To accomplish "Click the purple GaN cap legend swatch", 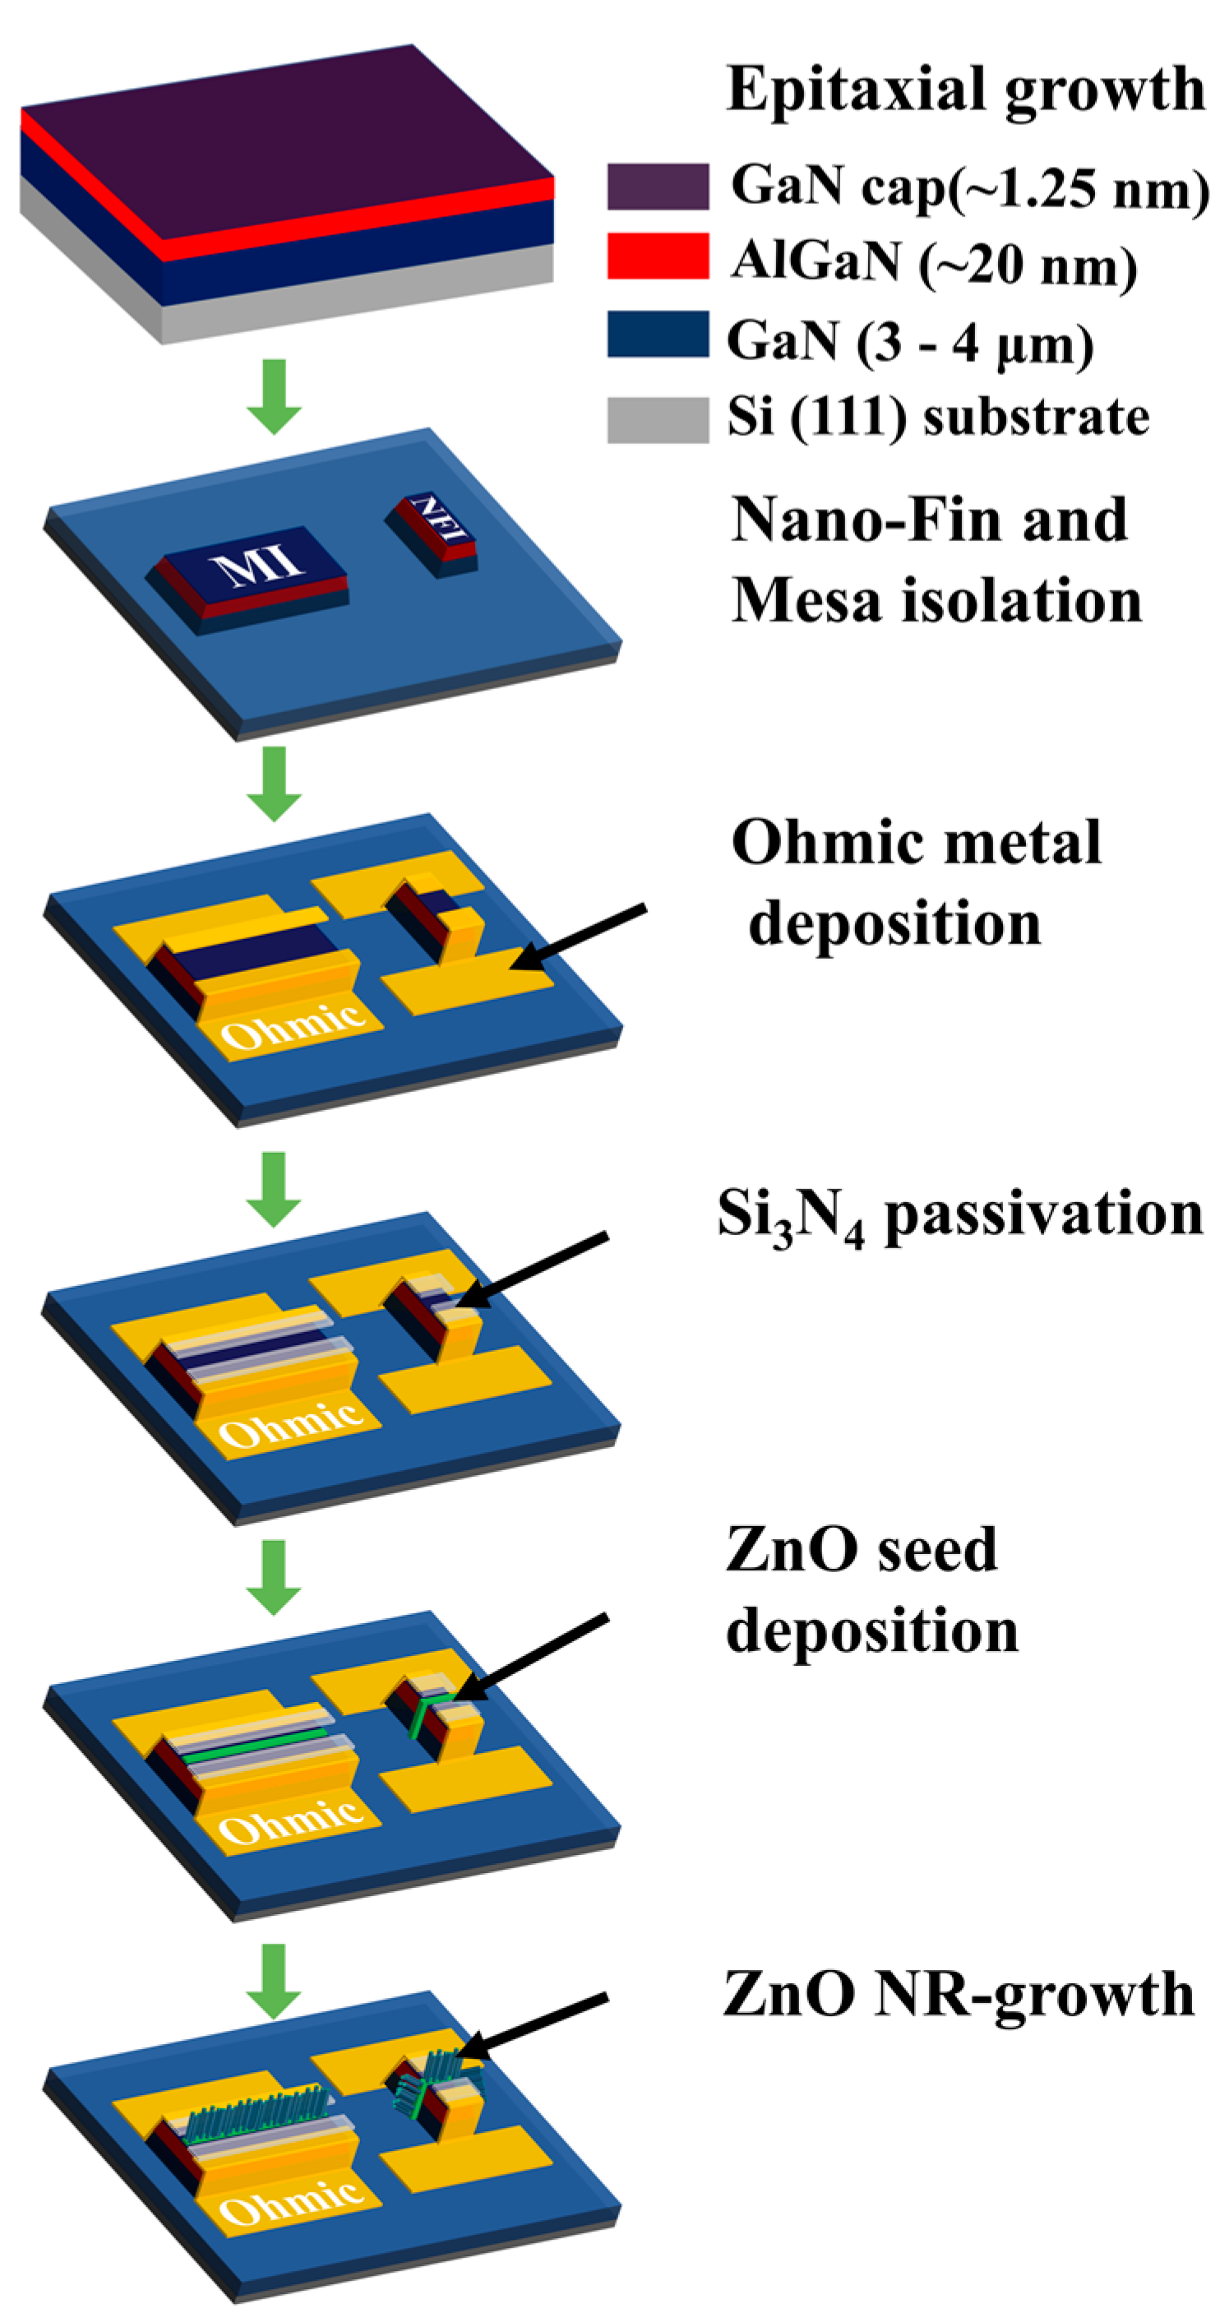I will [x=657, y=186].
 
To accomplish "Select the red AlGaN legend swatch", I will [x=657, y=256].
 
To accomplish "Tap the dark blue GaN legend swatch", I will [x=657, y=334].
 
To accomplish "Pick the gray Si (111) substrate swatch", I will [x=657, y=419].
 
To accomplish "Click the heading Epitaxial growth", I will [x=964, y=90].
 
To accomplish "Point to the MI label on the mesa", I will [x=256, y=566].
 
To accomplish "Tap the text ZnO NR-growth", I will [x=958, y=1994].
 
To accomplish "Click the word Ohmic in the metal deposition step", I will [x=293, y=1028].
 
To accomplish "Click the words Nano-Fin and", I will [x=928, y=520].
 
